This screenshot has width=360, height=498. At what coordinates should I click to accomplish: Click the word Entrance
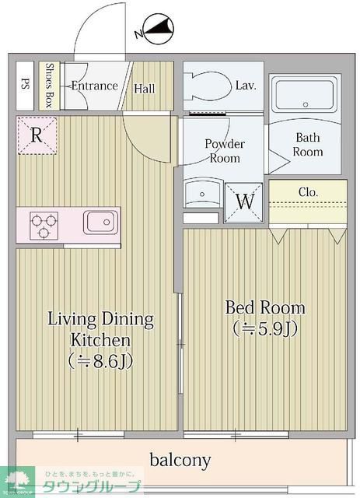click(x=94, y=86)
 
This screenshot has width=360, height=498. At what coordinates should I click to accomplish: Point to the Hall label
click(x=144, y=89)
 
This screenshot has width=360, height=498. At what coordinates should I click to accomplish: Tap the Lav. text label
click(x=246, y=86)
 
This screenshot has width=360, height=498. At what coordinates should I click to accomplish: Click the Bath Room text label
click(x=308, y=145)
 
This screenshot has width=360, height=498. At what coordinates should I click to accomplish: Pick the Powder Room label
click(x=225, y=151)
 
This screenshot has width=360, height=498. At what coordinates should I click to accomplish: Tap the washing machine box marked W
click(x=245, y=201)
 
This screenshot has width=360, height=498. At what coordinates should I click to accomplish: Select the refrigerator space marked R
click(x=37, y=135)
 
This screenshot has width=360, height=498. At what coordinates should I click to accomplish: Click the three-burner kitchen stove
click(x=44, y=226)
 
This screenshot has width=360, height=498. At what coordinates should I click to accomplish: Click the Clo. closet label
click(x=308, y=192)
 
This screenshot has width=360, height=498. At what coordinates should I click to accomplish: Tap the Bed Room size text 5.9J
click(x=266, y=328)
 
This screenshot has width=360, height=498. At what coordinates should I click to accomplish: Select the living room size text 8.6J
click(x=101, y=361)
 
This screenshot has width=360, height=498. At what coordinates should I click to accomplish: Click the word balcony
click(x=180, y=460)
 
